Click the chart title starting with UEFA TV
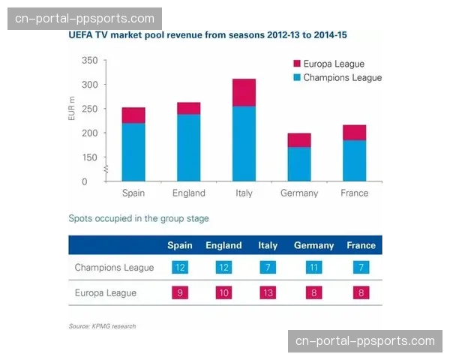(x=208, y=35)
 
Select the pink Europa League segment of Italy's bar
(x=244, y=92)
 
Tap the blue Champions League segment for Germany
(x=299, y=163)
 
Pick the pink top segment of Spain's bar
(x=133, y=115)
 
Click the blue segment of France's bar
(x=354, y=160)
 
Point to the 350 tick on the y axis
(x=89, y=61)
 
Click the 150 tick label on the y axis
(x=89, y=157)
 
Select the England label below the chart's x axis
(x=188, y=193)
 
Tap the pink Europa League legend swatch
(x=296, y=64)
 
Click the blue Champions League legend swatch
(x=296, y=77)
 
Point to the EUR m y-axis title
(x=72, y=109)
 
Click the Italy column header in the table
(x=268, y=245)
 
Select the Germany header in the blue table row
(x=313, y=245)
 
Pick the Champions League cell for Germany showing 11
(x=313, y=268)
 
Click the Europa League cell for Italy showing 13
(x=268, y=292)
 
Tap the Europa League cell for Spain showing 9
(x=180, y=292)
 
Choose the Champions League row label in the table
(x=114, y=268)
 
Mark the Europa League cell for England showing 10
(x=223, y=292)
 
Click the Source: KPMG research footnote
(x=102, y=326)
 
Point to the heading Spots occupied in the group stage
(x=139, y=219)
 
